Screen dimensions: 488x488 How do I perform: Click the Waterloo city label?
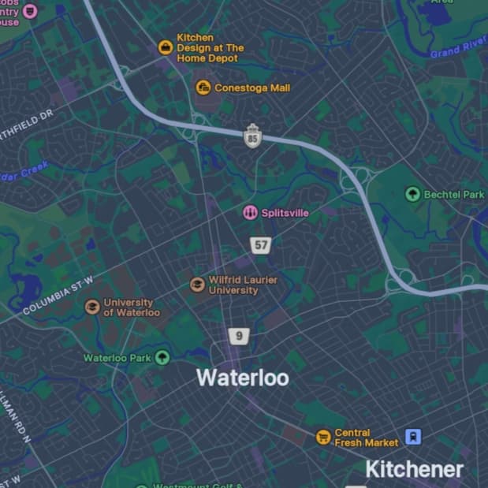[x=242, y=378]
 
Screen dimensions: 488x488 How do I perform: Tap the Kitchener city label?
[x=414, y=470]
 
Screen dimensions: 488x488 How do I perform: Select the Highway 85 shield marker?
[x=252, y=136]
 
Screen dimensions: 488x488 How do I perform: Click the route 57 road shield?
[x=261, y=245]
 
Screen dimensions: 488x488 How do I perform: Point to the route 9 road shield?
[x=239, y=337]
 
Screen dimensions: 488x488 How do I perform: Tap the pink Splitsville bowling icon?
[x=250, y=212]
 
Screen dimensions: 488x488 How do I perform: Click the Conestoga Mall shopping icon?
[x=203, y=88]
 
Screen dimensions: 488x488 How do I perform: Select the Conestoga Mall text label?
[x=252, y=88]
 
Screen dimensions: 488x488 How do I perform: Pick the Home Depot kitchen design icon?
[x=166, y=47]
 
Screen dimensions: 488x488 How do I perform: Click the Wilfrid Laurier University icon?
[x=197, y=285]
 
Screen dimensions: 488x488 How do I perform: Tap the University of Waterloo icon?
[x=92, y=307]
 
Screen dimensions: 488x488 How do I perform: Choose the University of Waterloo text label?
[x=132, y=307]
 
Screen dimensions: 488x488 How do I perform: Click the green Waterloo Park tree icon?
[x=162, y=358]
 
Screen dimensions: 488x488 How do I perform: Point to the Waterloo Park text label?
[x=117, y=358]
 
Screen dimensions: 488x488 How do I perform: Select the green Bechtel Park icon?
[x=412, y=194]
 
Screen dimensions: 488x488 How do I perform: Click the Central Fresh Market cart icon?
[x=322, y=437]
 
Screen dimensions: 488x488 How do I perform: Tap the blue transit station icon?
[x=413, y=436]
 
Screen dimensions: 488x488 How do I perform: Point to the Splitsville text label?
[x=285, y=213]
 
